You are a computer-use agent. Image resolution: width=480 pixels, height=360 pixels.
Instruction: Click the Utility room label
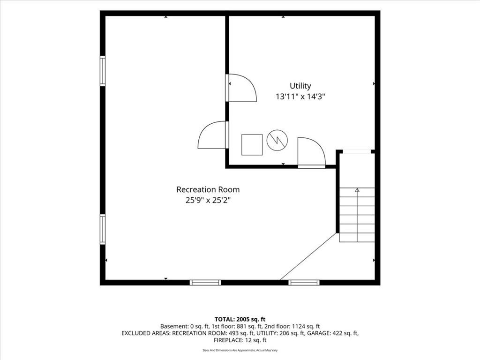pyautogui.click(x=300, y=86)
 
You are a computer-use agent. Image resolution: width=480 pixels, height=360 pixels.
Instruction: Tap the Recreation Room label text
pyautogui.click(x=208, y=189)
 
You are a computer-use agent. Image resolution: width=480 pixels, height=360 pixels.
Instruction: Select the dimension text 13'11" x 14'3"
pyautogui.click(x=300, y=97)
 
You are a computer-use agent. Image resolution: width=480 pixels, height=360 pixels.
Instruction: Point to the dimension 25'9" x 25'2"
pyautogui.click(x=208, y=201)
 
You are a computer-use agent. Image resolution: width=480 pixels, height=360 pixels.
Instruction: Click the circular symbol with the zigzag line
pyautogui.click(x=277, y=140)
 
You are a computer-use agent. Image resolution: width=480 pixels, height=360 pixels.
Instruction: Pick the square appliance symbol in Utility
pyautogui.click(x=252, y=144)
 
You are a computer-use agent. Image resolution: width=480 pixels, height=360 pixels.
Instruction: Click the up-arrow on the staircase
pyautogui.click(x=357, y=190)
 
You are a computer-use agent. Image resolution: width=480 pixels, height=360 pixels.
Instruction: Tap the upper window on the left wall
pyautogui.click(x=103, y=71)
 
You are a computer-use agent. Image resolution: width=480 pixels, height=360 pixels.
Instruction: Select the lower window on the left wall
pyautogui.click(x=103, y=229)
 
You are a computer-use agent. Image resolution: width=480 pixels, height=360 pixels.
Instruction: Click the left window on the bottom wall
pyautogui.click(x=205, y=283)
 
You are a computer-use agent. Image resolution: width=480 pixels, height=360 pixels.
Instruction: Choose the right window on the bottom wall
pyautogui.click(x=304, y=283)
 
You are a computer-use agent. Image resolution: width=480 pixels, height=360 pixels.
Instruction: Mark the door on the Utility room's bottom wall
pyautogui.click(x=312, y=152)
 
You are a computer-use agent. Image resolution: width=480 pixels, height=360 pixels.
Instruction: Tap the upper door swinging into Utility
pyautogui.click(x=241, y=88)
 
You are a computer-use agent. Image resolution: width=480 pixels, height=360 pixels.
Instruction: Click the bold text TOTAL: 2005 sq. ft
pyautogui.click(x=240, y=320)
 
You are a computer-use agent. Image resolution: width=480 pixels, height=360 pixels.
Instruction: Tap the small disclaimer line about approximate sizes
pyautogui.click(x=240, y=350)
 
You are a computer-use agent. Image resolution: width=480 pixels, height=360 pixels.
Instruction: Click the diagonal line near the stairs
pyautogui.click(x=308, y=256)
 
